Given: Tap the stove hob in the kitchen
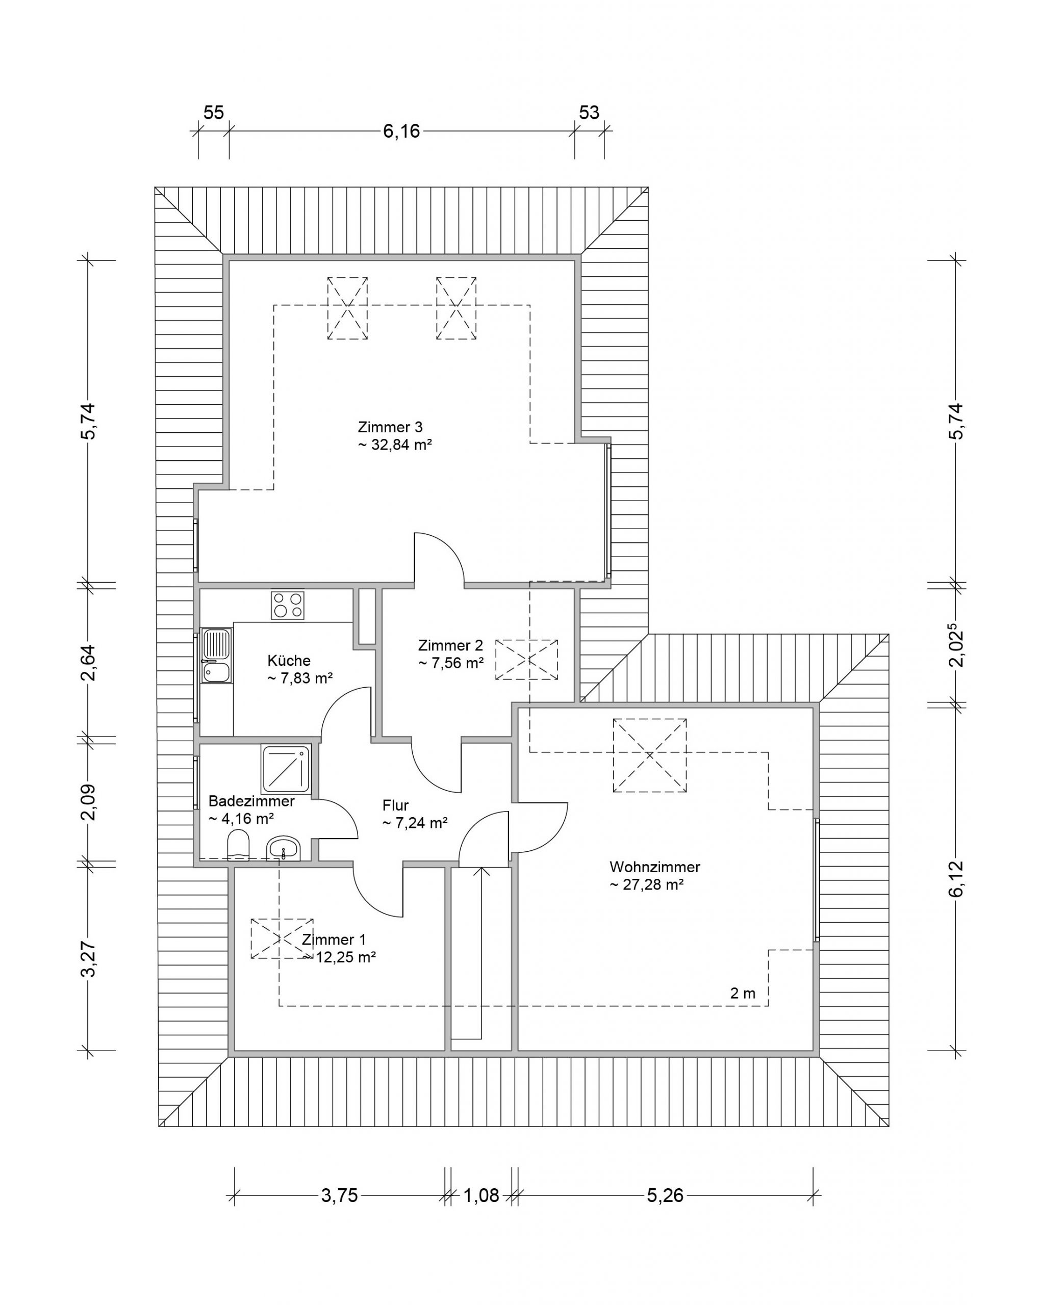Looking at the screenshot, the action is point(288,605).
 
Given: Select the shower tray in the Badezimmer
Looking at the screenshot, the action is point(286,769).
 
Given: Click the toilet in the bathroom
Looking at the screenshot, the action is point(239,845).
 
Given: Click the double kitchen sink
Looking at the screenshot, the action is point(217,656).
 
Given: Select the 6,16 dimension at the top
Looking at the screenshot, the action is point(401,130).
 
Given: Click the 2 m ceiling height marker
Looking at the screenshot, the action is point(742,993).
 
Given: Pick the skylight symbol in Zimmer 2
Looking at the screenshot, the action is point(527,659).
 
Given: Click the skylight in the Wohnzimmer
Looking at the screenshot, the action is point(650,755).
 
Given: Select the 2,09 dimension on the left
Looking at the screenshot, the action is point(88,801).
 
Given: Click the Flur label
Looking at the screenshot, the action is point(395,805).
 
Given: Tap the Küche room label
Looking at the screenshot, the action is point(289,660).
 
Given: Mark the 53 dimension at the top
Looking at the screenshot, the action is point(589,112).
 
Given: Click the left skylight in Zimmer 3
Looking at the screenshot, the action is point(347,308).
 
